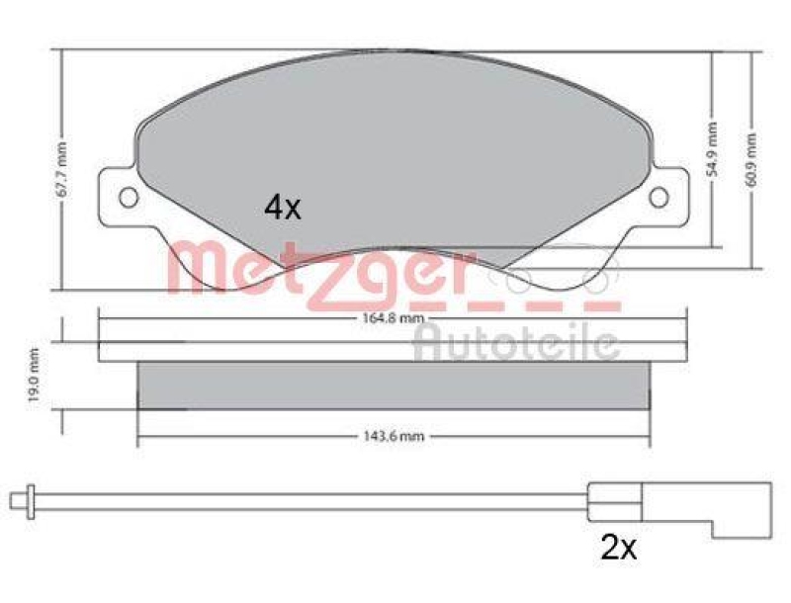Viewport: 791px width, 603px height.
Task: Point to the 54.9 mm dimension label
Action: pyautogui.click(x=712, y=148)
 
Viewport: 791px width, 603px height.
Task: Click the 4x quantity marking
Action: pyautogui.click(x=282, y=207)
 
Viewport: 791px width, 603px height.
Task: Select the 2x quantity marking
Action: pyautogui.click(x=619, y=548)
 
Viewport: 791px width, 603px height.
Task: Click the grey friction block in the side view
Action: pyautogui.click(x=394, y=386)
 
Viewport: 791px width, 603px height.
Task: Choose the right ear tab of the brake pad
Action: pyautogui.click(x=664, y=198)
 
